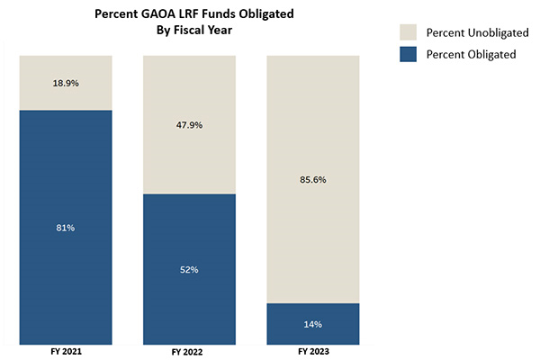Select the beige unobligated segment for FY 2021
point(65,72)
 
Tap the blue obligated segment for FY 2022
point(189,297)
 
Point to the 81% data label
point(65,228)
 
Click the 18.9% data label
point(65,82)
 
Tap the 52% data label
point(189,269)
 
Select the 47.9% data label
point(189,125)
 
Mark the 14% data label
point(313,324)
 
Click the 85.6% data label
point(313,179)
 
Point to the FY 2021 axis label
point(65,351)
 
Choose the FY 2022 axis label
point(189,352)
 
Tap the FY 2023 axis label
point(313,352)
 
